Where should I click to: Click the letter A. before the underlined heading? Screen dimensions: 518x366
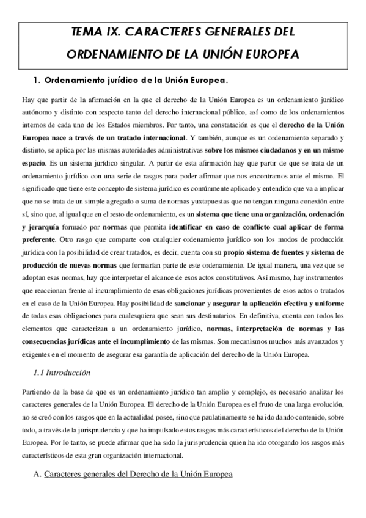coord(37,474)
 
